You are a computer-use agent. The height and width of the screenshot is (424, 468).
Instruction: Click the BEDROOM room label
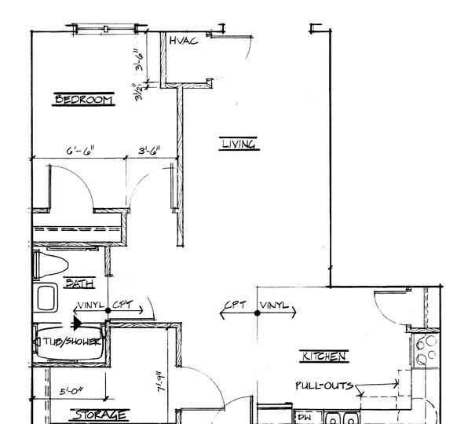click(x=83, y=100)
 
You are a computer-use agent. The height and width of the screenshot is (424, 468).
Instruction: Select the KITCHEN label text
click(x=324, y=356)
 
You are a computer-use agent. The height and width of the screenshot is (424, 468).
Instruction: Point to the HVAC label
click(x=183, y=41)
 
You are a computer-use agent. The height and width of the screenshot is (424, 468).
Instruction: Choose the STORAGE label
click(x=99, y=415)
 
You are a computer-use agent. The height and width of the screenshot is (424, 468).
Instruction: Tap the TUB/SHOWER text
click(x=71, y=340)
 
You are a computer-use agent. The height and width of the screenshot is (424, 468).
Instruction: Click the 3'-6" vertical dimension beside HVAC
click(x=138, y=60)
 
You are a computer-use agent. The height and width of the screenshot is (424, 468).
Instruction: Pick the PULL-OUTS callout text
click(x=324, y=386)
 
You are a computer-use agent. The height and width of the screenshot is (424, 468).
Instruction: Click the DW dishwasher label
click(x=304, y=418)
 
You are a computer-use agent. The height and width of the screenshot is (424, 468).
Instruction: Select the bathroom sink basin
click(x=46, y=298)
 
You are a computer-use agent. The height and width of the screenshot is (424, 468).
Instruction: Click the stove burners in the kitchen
click(x=426, y=350)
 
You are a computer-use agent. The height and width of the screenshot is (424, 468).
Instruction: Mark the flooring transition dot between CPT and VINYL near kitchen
click(x=258, y=313)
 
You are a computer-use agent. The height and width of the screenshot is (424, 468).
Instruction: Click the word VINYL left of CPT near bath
click(x=91, y=305)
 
